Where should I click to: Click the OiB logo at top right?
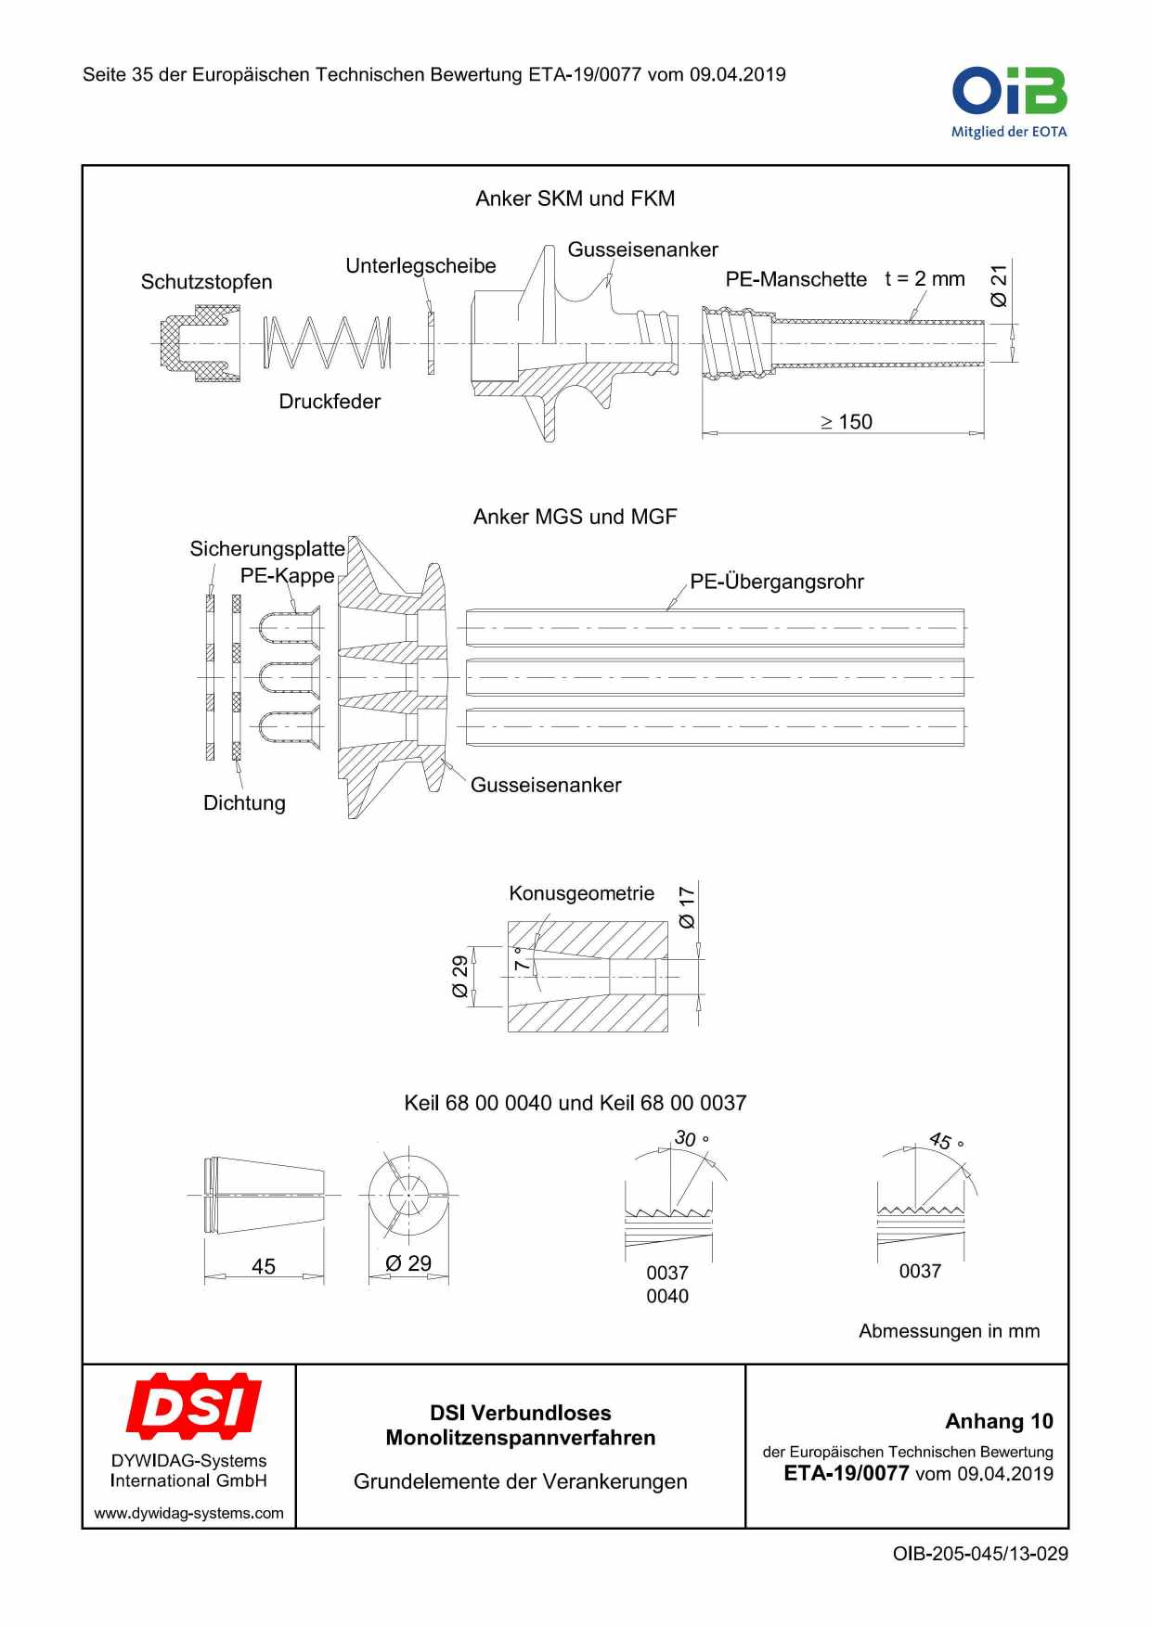1009,101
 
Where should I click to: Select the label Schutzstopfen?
206,282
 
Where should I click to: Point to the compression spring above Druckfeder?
327,343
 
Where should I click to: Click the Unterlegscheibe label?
420,266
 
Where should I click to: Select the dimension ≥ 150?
847,422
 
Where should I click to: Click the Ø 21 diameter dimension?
999,286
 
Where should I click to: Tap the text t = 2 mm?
925,279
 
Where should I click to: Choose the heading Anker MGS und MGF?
575,517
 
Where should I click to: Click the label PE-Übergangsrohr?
776,582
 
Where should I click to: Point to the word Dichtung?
244,803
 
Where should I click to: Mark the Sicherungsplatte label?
267,549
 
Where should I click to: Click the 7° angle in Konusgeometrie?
522,959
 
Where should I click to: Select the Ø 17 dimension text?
687,907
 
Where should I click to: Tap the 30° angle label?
691,1138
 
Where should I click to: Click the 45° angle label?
946,1141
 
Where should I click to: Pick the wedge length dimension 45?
264,1266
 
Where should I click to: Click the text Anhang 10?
999,1421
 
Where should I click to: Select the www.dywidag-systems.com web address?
188,1513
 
